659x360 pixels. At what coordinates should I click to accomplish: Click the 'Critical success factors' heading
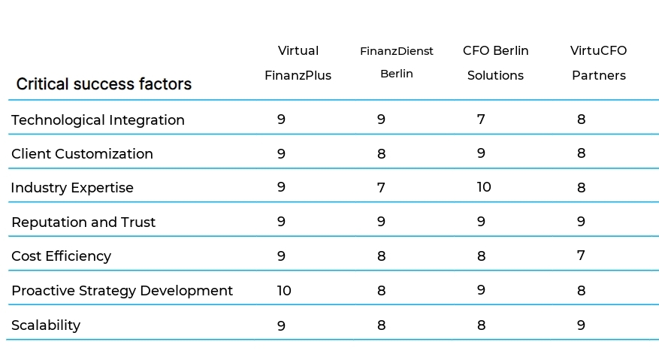pyautogui.click(x=104, y=84)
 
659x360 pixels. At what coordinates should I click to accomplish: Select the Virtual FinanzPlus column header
pyautogui.click(x=298, y=63)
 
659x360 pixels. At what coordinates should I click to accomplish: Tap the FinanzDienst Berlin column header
pyautogui.click(x=397, y=62)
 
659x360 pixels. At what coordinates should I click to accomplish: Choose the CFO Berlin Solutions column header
pyautogui.click(x=495, y=63)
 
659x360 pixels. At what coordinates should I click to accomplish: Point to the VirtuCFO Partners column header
pyautogui.click(x=598, y=63)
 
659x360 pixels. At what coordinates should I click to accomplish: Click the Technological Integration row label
pyautogui.click(x=98, y=120)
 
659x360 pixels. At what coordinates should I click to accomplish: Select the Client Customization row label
pyautogui.click(x=82, y=154)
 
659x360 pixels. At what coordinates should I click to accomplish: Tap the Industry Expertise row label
pyautogui.click(x=72, y=188)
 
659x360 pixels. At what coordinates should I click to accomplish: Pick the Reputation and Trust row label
pyautogui.click(x=83, y=222)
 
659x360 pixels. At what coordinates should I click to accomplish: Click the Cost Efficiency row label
pyautogui.click(x=61, y=256)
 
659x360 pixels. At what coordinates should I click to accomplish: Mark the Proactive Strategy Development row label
pyautogui.click(x=122, y=291)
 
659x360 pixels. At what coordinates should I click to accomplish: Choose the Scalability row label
pyautogui.click(x=46, y=325)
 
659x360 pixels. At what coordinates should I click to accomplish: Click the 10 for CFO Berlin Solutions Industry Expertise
pyautogui.click(x=483, y=187)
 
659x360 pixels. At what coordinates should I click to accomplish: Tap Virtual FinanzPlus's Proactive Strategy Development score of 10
pyautogui.click(x=284, y=290)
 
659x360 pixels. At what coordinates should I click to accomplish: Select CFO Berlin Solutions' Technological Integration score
pyautogui.click(x=481, y=119)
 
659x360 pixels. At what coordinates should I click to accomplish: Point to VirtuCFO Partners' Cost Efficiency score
pyautogui.click(x=581, y=256)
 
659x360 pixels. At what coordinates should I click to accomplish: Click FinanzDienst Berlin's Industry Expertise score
pyautogui.click(x=381, y=188)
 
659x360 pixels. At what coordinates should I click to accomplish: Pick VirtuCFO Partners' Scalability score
pyautogui.click(x=581, y=325)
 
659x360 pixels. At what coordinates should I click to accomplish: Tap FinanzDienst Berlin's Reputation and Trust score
pyautogui.click(x=381, y=222)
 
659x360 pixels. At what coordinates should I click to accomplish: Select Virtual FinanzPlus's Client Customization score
pyautogui.click(x=281, y=153)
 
